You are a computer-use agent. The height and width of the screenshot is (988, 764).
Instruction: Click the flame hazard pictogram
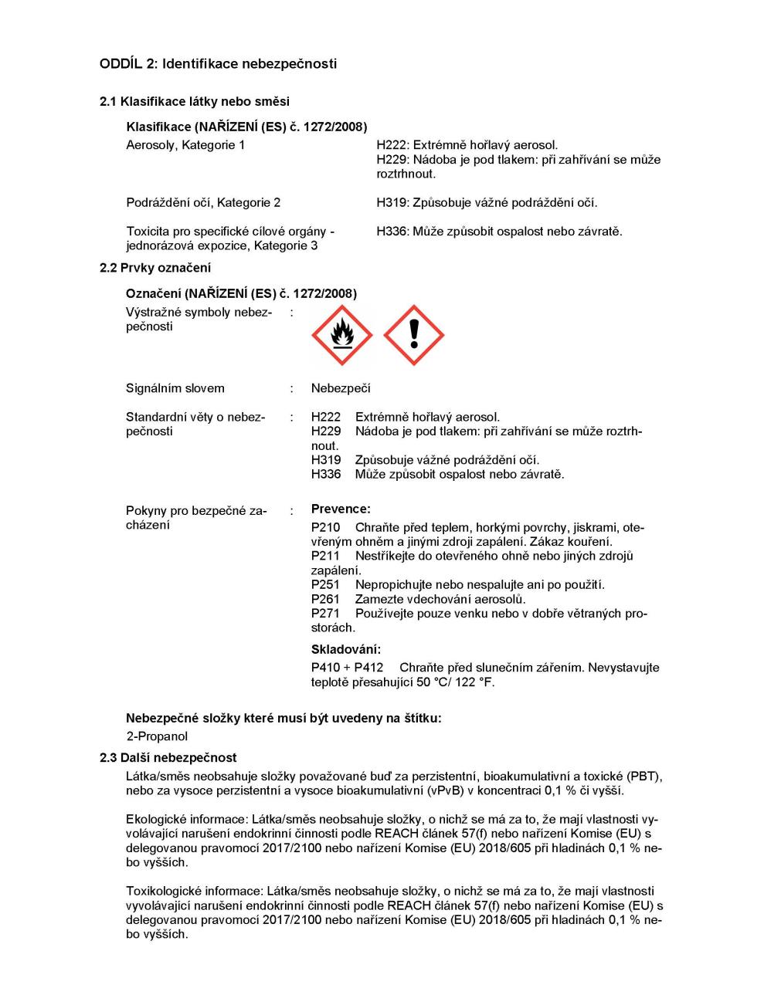click(341, 335)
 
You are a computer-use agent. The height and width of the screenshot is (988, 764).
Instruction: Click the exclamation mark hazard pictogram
click(414, 335)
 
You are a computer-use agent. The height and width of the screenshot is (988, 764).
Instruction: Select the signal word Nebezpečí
click(341, 388)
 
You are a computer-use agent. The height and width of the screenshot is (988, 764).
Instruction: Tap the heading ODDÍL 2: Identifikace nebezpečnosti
click(218, 64)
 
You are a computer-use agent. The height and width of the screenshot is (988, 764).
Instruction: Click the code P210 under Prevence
click(325, 528)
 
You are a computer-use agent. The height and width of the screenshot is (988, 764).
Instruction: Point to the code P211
click(325, 556)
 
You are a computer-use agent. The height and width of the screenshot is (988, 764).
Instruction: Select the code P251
click(325, 585)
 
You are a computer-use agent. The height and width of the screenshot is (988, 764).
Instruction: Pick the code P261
click(325, 599)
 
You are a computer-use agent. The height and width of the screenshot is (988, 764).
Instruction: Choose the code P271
click(325, 614)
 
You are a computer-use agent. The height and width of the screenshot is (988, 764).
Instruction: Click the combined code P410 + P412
click(347, 668)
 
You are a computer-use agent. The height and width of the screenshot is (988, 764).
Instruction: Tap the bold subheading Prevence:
click(341, 509)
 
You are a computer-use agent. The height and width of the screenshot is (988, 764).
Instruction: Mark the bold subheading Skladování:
click(346, 649)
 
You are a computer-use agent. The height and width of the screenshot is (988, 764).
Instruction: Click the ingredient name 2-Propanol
click(157, 736)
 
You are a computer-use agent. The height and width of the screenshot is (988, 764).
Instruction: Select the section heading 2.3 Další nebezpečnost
click(168, 758)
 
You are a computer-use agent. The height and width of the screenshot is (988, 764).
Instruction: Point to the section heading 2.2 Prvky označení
click(155, 268)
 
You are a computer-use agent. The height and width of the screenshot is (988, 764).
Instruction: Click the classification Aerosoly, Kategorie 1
click(185, 145)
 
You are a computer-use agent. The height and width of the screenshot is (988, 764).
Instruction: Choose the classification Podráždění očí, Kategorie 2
click(203, 203)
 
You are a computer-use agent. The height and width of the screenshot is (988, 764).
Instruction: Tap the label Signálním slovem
click(175, 388)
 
